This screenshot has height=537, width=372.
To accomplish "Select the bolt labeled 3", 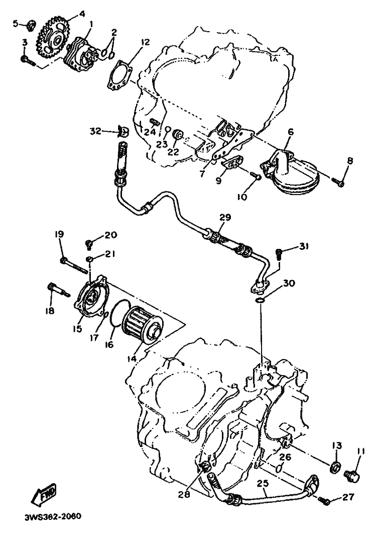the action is [27, 60].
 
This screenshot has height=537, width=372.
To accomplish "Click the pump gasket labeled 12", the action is [118, 75].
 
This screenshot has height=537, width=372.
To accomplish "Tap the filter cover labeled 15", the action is [92, 296].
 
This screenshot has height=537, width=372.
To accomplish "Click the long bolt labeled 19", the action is [74, 266].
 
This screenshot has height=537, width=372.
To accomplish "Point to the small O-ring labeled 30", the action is [260, 300].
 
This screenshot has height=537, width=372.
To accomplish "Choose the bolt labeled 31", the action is [279, 254].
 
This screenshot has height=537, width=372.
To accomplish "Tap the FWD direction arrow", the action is [43, 494].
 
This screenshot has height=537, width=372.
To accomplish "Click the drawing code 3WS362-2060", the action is [53, 516].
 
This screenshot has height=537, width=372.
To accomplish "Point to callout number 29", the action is [226, 217].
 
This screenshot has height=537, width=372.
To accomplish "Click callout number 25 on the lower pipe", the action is [263, 484].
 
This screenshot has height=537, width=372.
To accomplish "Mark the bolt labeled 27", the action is [325, 501].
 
